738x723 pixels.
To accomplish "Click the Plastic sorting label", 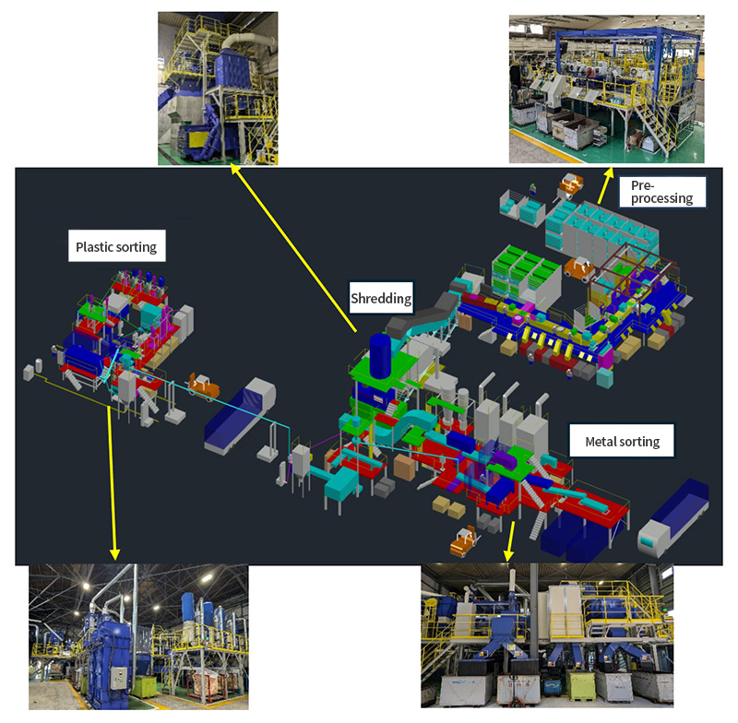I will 116,246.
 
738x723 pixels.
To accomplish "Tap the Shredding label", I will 381,298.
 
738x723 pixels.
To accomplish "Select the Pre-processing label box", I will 661,191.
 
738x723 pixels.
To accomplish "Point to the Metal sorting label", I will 623,441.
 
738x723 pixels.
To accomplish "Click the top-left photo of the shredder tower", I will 217,89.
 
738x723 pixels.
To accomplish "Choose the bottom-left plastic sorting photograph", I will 138,637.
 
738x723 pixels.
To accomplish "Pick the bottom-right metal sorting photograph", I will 547,635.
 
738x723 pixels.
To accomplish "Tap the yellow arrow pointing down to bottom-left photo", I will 113,480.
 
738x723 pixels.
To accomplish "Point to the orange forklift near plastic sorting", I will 203,385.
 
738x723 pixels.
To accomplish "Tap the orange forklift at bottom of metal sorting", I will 463,541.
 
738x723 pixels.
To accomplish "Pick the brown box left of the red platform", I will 405,467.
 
